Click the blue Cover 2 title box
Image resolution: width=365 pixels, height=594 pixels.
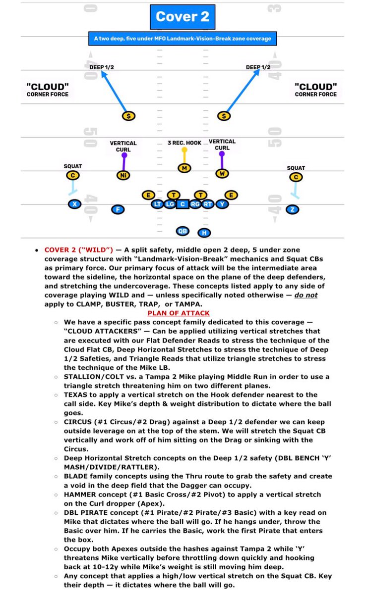point(182,16)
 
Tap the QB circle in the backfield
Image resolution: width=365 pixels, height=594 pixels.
point(182,231)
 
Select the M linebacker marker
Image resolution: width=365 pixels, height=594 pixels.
point(184,168)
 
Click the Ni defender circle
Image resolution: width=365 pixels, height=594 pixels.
point(123,175)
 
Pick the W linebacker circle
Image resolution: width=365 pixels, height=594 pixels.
point(222,173)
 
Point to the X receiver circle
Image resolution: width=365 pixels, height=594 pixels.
point(74,204)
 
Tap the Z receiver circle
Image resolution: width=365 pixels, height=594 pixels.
point(293,209)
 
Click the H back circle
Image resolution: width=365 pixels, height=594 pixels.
point(203,233)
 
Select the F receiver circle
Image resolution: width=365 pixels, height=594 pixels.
point(117,209)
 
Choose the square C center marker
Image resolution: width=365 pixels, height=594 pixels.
point(182,203)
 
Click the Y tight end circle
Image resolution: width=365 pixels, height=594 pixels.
point(222,203)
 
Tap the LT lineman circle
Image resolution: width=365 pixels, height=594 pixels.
point(157,203)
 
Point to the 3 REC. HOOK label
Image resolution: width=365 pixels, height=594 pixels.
point(184,143)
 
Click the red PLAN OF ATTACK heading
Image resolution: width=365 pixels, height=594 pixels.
point(179,313)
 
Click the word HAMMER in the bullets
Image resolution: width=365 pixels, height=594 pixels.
point(79,495)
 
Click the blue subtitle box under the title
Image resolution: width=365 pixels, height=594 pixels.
point(182,38)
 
